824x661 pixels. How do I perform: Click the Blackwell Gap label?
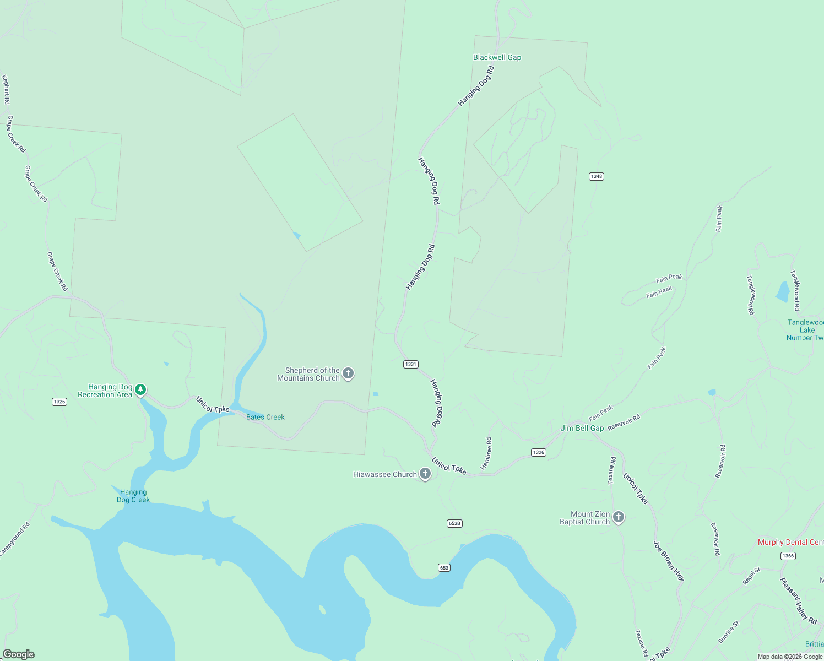pos(497,57)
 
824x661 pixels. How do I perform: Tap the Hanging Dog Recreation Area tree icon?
pos(140,390)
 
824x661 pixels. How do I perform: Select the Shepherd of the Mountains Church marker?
pos(348,373)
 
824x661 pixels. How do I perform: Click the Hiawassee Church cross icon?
pos(425,473)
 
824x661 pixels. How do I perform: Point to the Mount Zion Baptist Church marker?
pos(619,517)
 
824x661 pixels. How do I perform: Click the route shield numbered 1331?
pos(411,364)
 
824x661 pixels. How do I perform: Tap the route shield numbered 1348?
pos(596,176)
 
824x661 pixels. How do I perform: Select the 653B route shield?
pos(454,523)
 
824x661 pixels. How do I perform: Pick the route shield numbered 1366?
pos(788,556)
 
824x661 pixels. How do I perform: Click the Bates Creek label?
pos(265,417)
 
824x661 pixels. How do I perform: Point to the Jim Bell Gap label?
pos(582,428)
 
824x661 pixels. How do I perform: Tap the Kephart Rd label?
pos(6,89)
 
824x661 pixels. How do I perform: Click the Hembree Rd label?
pos(486,453)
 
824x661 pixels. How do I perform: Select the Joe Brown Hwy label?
pos(669,561)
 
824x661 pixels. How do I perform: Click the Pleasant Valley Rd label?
pos(798,600)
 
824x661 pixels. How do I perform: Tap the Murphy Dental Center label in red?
pos(790,542)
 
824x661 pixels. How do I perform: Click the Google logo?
pos(18,654)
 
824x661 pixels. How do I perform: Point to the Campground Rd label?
pos(14,539)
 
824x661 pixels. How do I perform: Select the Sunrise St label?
pos(728,632)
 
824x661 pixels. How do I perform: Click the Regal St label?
pos(751,576)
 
